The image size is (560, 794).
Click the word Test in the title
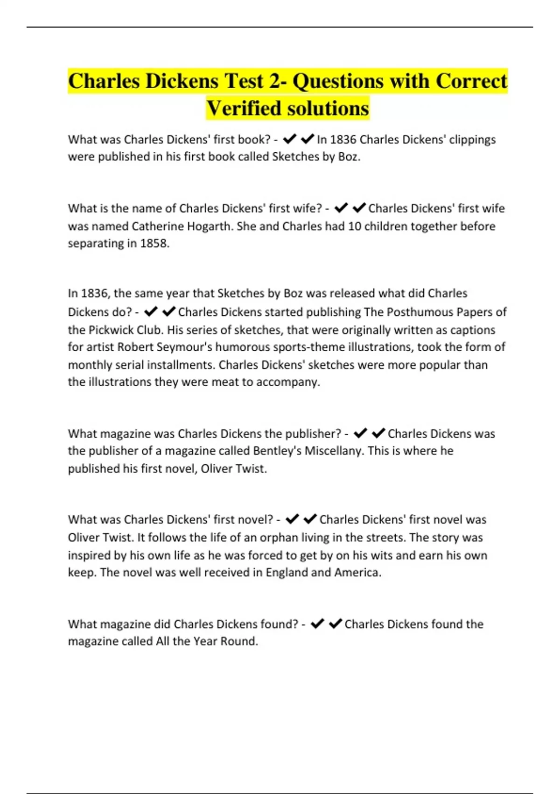coord(244,81)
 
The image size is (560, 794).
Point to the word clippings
coord(472,140)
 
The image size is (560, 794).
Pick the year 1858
coord(154,244)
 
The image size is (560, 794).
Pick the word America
coord(357,573)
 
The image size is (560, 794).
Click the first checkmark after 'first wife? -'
coord(341,208)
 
